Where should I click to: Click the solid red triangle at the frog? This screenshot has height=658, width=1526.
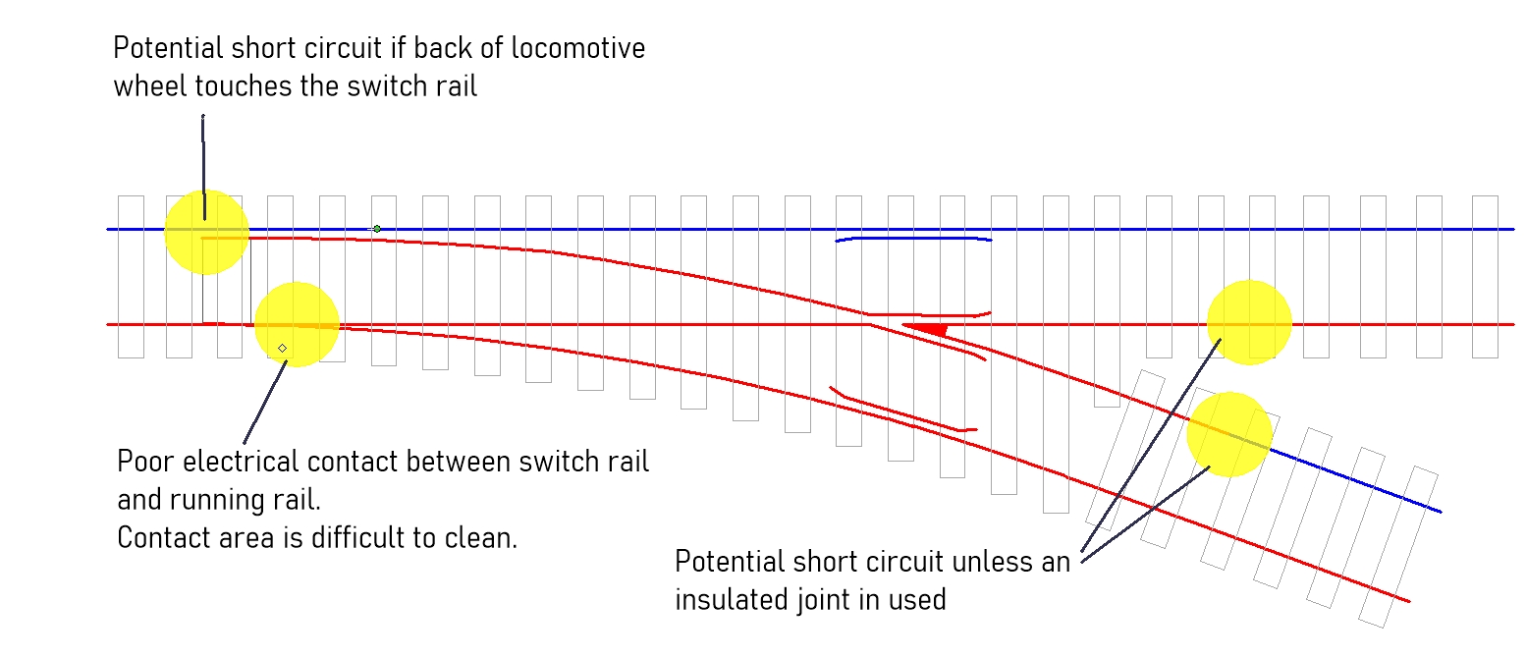tap(927, 329)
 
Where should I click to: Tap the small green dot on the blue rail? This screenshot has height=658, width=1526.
tap(376, 229)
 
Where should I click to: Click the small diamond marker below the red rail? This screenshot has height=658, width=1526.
tap(282, 348)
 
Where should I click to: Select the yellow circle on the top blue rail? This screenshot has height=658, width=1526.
tap(206, 232)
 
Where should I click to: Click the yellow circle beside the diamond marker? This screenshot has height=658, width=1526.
tap(297, 324)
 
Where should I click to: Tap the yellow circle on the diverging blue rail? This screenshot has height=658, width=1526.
tap(1229, 434)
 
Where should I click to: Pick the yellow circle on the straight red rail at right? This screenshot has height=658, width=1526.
tap(1249, 322)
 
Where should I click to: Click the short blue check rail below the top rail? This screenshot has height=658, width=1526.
tap(913, 239)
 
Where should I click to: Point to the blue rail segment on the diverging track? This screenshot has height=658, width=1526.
tap(1355, 480)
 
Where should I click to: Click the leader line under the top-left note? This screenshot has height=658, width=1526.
tap(203, 167)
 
